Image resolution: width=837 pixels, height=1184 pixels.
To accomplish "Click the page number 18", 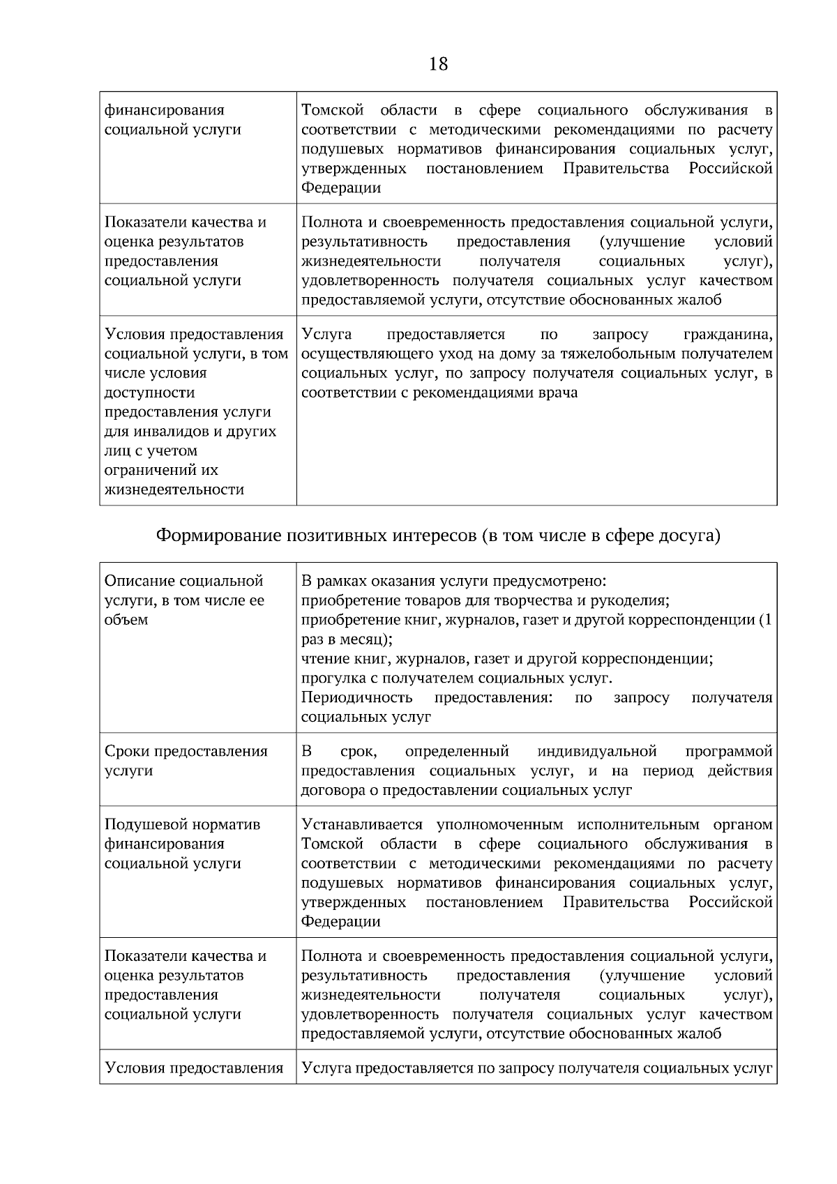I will (439, 65).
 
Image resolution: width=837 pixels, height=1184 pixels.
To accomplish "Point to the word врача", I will (558, 393).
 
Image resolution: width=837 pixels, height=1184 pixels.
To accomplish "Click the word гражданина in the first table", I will (727, 335).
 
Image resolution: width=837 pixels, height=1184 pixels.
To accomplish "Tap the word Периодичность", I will (356, 698).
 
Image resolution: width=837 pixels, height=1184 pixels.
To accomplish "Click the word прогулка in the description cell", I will (331, 678).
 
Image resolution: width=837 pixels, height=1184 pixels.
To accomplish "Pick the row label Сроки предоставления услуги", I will (186, 761).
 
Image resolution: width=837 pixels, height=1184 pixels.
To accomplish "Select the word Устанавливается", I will (361, 825).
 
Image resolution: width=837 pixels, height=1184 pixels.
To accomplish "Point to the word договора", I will (331, 791).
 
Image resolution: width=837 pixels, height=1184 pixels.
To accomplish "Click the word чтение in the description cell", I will (323, 659).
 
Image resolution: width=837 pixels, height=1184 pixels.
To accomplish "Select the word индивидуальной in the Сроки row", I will (597, 752).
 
